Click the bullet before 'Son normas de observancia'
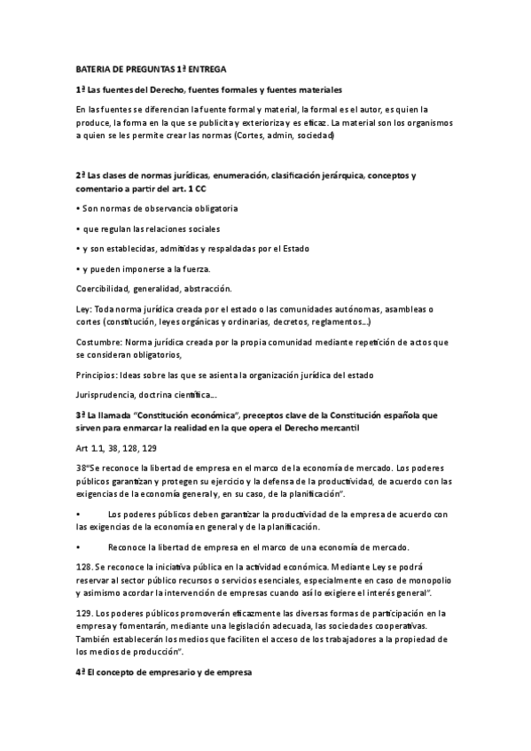click(x=78, y=209)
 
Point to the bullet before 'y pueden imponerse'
click(x=78, y=267)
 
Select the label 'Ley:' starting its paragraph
click(x=85, y=307)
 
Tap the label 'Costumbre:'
click(x=98, y=341)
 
